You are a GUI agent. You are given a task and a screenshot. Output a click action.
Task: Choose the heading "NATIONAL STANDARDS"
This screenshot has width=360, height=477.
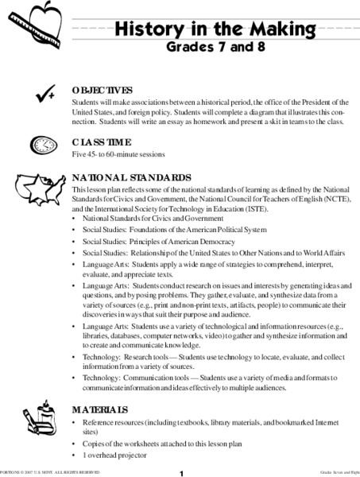click(x=131, y=179)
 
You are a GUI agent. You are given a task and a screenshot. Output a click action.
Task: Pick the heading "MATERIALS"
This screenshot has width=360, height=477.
click(x=99, y=409)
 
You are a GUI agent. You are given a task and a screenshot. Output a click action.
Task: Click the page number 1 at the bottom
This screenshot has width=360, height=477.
click(x=182, y=471)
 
